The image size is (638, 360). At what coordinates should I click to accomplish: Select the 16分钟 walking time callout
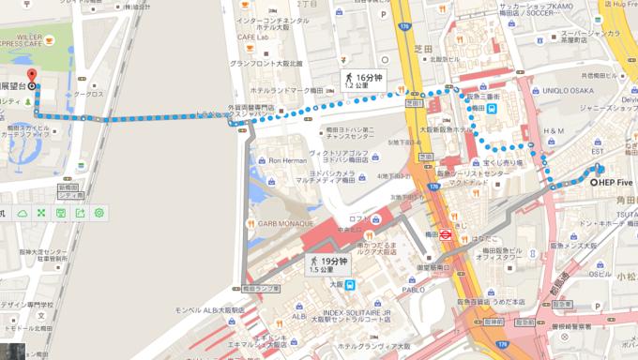pos(361,80)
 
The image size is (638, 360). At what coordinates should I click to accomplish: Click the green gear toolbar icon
pos(98,214)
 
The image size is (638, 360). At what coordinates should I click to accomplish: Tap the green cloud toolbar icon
pos(22,214)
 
